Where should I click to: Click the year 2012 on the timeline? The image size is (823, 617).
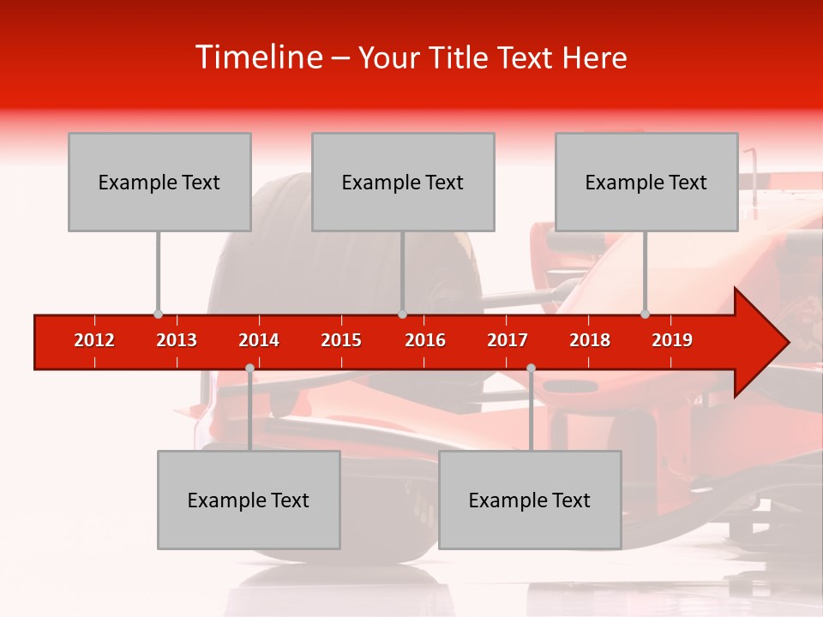[x=94, y=340]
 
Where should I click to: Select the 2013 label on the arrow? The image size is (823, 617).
[x=177, y=340]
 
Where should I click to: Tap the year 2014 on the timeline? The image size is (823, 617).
[x=259, y=340]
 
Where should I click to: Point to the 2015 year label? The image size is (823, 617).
[x=341, y=340]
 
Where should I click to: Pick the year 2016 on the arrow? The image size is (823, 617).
[x=425, y=340]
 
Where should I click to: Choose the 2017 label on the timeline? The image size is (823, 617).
[x=508, y=340]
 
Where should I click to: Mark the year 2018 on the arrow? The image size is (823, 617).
[x=590, y=340]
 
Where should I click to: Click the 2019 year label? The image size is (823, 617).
[x=672, y=340]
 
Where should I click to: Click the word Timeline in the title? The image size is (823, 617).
[x=257, y=57]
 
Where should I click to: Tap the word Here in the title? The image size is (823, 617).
[x=594, y=58]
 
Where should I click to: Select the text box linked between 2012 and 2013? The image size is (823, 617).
[x=159, y=182]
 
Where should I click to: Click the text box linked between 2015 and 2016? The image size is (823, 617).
[x=403, y=182]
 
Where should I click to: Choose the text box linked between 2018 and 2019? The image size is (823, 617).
[x=646, y=182]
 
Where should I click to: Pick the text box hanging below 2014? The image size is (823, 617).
[x=249, y=500]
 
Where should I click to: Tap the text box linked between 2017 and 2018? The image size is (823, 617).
[x=530, y=500]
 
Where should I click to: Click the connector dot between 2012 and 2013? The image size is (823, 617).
[x=158, y=314]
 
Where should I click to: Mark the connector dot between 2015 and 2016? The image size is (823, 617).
[x=402, y=314]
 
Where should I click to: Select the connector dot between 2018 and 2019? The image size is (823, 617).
[x=645, y=314]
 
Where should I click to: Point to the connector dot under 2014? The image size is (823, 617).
[x=249, y=368]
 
